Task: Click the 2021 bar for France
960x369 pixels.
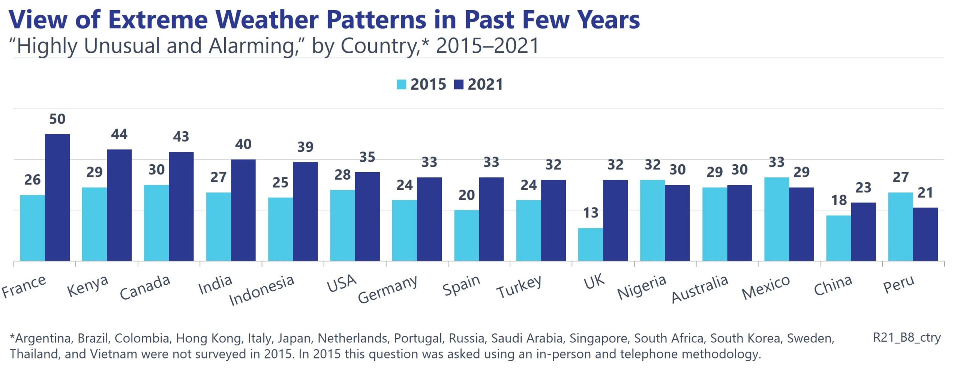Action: point(57,197)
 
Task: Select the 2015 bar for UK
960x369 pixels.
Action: point(590,244)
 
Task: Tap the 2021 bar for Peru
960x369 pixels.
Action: point(925,234)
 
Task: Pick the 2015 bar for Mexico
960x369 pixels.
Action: point(776,219)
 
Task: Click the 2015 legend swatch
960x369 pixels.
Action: point(401,84)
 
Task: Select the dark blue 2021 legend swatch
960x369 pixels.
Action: point(458,84)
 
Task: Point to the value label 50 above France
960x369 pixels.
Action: point(57,119)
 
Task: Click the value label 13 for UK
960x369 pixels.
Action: point(591,213)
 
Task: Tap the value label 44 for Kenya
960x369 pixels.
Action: point(119,134)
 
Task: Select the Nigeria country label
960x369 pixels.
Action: point(642,287)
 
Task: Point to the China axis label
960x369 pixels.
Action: point(833,285)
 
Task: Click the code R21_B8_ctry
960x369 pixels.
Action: point(906,337)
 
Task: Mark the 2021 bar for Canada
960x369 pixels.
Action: point(181,206)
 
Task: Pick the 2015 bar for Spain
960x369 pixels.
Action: point(466,235)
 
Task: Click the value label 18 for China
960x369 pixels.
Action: point(839,200)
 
